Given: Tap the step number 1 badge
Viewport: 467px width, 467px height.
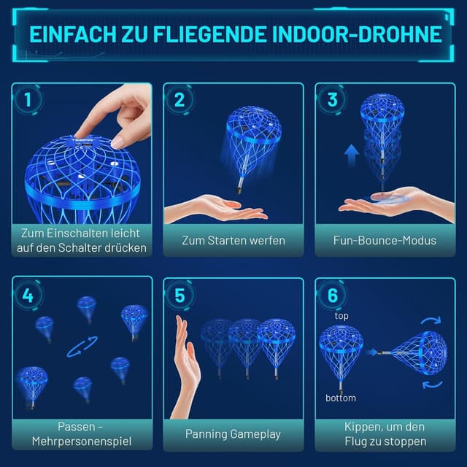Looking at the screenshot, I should coord(28,100).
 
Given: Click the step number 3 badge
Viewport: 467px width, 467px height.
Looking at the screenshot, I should coord(332,100).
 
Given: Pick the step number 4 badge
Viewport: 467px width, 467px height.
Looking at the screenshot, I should coord(28,296).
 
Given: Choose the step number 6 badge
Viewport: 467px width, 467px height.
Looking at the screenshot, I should coord(332,296).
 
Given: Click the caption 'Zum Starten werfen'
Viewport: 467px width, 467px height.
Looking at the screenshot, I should coord(233,240).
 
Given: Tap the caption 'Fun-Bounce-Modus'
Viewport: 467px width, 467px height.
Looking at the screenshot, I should coord(385,240).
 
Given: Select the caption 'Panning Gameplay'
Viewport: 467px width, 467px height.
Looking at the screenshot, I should coord(233,433).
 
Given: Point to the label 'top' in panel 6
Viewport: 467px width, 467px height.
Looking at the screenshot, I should coord(341,316).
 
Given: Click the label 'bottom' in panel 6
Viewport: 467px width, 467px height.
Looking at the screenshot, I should coord(341,398).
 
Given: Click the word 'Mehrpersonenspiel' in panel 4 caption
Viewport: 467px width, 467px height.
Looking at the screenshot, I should coord(81,441).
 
